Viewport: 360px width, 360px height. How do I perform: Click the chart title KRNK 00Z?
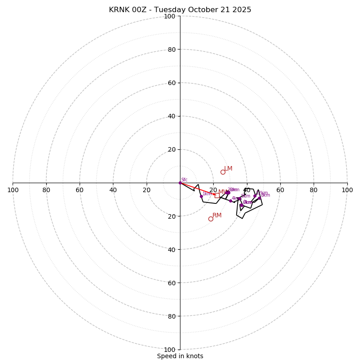pyautogui.click(x=180, y=10)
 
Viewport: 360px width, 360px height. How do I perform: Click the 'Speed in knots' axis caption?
pyautogui.click(x=180, y=356)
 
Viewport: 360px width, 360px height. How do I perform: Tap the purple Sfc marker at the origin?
pyautogui.click(x=180, y=183)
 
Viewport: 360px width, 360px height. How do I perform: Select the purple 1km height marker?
pyautogui.click(x=201, y=196)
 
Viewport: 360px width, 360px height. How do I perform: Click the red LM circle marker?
pyautogui.click(x=223, y=172)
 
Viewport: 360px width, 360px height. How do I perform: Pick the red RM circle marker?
pyautogui.click(x=211, y=219)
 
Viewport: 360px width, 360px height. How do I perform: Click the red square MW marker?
pyautogui.click(x=217, y=195)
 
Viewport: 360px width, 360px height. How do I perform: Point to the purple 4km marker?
pyautogui.click(x=230, y=201)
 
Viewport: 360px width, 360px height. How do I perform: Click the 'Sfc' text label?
pyautogui.click(x=184, y=180)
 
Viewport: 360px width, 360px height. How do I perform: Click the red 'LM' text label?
pyautogui.click(x=228, y=169)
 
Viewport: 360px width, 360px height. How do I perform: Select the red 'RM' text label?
pyautogui.click(x=217, y=216)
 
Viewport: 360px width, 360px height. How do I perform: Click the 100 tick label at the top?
pyautogui.click(x=169, y=17)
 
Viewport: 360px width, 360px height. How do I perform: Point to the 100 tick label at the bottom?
pyautogui.click(x=169, y=350)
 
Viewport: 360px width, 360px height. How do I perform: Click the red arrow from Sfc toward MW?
pyautogui.click(x=198, y=189)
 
